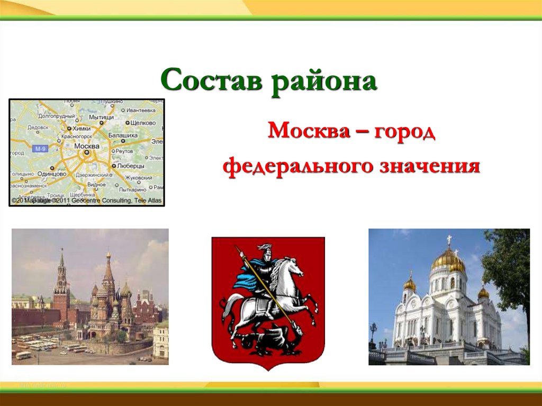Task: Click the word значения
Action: [429, 167]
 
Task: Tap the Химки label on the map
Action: [81, 128]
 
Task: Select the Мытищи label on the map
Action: [101, 116]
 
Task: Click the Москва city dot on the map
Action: [85, 152]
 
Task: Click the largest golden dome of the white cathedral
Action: [448, 259]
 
